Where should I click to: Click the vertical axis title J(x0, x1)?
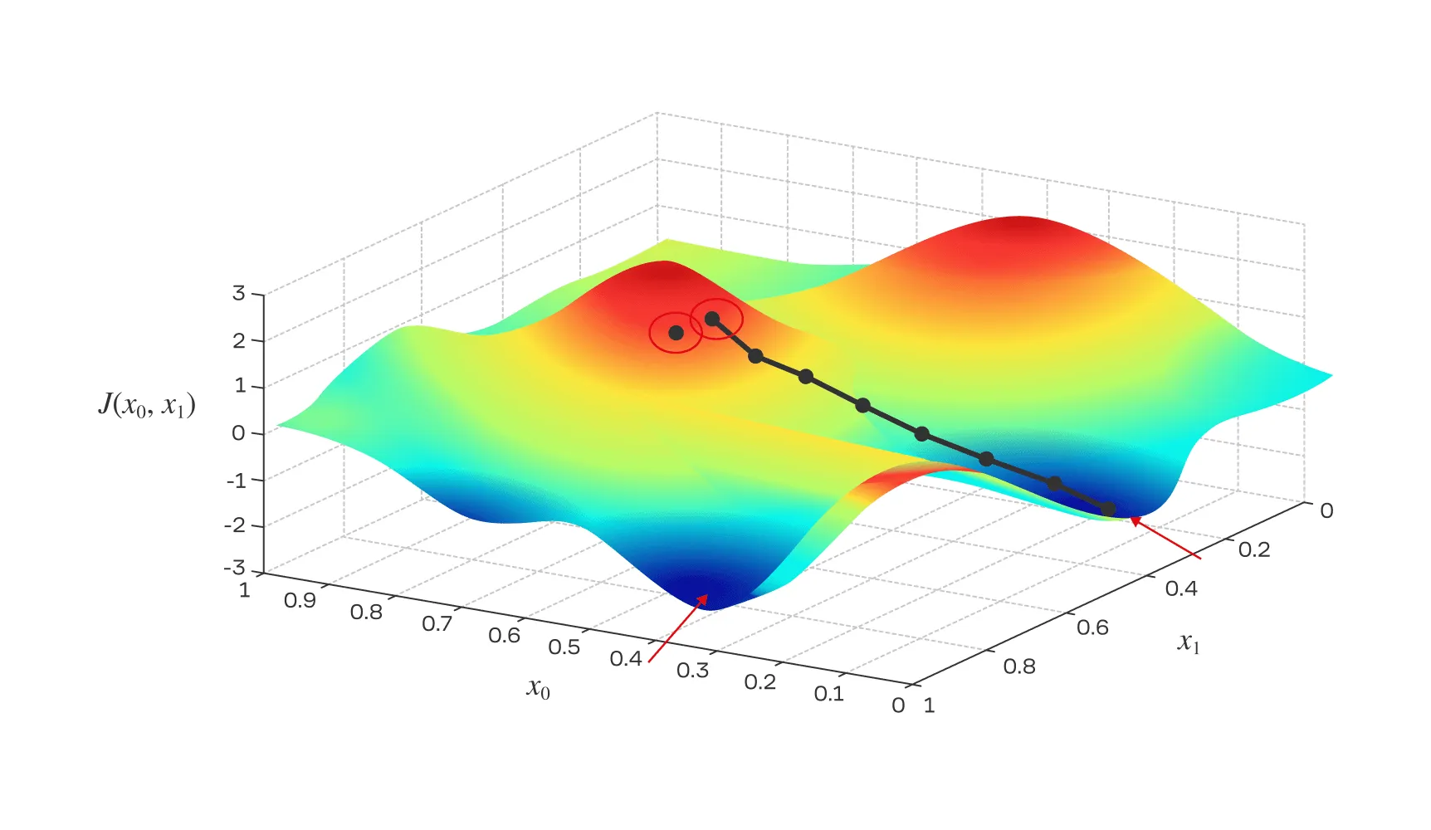[147, 405]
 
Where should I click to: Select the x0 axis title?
[538, 688]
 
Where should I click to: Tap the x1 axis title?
[1189, 642]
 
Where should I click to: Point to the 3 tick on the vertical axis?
[239, 293]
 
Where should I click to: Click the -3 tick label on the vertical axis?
[236, 569]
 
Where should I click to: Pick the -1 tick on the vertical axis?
[237, 480]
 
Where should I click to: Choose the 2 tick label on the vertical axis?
[239, 340]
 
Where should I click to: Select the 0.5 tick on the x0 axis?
[564, 647]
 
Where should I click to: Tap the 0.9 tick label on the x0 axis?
[300, 600]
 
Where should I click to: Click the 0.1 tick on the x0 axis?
[828, 693]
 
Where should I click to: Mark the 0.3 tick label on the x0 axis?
[692, 670]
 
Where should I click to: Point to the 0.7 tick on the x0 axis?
[437, 623]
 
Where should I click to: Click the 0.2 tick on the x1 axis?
[1253, 549]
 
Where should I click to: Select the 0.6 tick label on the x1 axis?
[1092, 627]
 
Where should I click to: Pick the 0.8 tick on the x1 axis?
[1019, 666]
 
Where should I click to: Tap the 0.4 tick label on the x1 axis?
[1181, 588]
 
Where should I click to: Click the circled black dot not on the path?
[676, 333]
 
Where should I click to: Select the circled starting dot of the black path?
[712, 319]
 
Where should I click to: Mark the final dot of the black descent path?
[1108, 509]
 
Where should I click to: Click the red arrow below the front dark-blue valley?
[677, 628]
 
